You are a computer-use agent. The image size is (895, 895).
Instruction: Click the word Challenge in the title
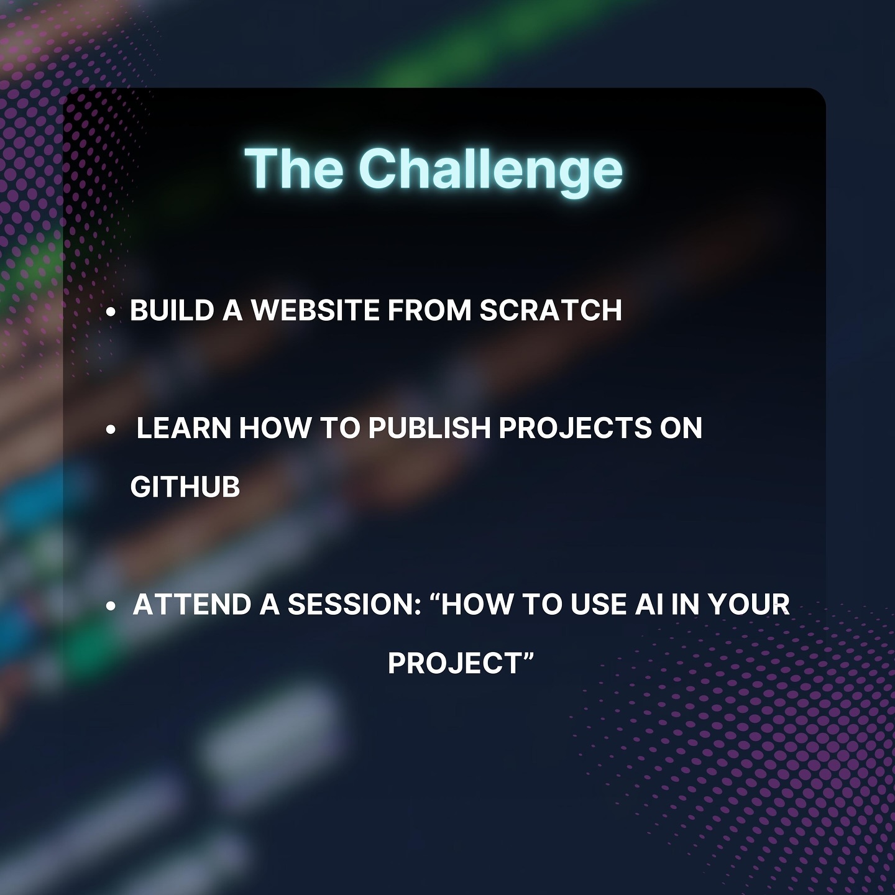click(x=490, y=170)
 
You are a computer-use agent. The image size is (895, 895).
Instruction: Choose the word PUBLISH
click(x=429, y=428)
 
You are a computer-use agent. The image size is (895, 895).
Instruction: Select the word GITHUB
click(x=185, y=487)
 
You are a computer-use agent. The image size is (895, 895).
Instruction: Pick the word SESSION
click(x=354, y=604)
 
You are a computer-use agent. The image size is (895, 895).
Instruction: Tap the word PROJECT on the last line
click(x=454, y=663)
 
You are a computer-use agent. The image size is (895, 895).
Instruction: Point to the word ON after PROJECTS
click(x=681, y=428)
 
